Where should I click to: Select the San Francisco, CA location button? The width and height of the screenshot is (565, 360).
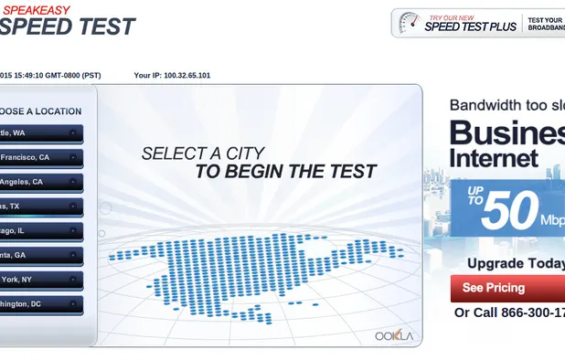pos(41,157)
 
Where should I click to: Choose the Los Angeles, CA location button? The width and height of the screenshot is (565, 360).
pos(41,182)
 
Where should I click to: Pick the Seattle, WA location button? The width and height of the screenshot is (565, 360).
pos(41,133)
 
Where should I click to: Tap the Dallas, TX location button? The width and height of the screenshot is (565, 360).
pos(41,206)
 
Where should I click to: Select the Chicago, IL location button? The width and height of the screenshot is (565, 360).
pos(41,231)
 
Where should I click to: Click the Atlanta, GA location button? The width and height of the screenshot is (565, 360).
pos(41,256)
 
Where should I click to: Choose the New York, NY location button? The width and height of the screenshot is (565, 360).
pos(41,280)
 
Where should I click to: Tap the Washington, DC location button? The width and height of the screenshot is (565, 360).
pos(41,303)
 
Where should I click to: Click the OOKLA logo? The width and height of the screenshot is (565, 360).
pos(394,335)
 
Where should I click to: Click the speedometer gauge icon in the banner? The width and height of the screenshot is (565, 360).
pos(408,23)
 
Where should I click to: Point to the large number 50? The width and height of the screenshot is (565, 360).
pos(509,211)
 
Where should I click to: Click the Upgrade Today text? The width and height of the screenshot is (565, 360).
pos(516,263)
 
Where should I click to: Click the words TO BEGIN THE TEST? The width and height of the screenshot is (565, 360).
pos(285,172)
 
